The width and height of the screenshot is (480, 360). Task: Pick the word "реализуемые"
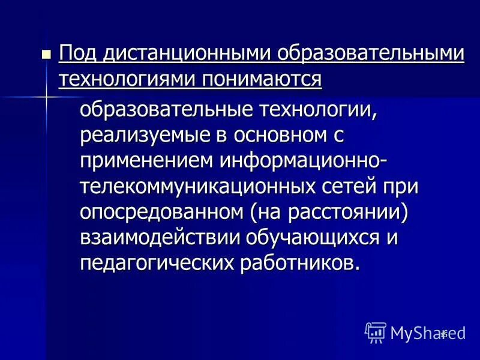tap(142, 135)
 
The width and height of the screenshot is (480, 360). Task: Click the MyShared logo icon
tap(376, 332)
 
